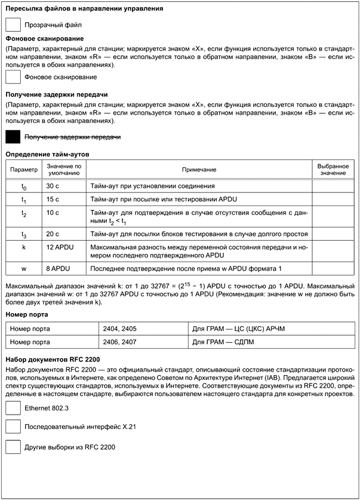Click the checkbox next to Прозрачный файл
pos(13,24)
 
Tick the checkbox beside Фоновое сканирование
pos(13,76)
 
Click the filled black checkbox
pos(13,137)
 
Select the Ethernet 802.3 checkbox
pos(13,408)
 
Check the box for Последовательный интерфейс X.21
pos(13,427)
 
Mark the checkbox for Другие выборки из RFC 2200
pos(13,446)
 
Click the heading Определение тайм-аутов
pos(47,154)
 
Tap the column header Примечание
pos(199,170)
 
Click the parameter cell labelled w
pos(23,269)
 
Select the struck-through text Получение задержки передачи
pos(72,137)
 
